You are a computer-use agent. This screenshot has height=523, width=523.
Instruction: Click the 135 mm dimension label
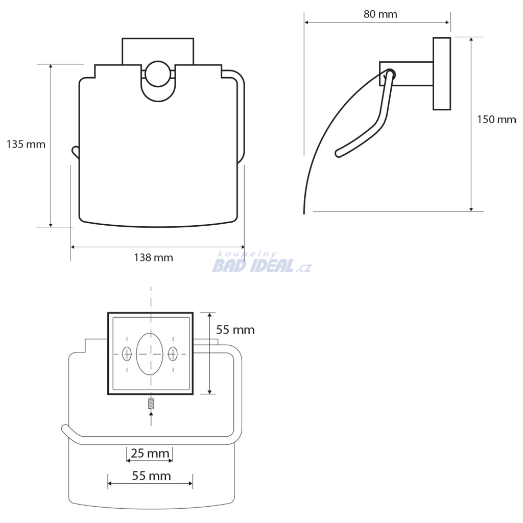pos(26,144)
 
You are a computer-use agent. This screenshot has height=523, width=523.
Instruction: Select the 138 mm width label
pos(153,257)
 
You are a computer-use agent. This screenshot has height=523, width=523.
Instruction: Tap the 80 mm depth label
pos(380,14)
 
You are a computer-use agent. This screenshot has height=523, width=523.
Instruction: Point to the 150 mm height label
pos(496,120)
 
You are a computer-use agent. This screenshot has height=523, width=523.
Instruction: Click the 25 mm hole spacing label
pos(150,454)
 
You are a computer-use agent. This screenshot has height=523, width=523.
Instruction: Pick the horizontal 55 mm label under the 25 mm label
pos(151,476)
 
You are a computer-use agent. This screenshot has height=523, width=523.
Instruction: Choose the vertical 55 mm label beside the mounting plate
pos(235,330)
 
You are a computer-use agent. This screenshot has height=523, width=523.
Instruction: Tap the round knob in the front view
pos(158,74)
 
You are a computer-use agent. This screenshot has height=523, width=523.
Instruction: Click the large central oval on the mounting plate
pos(150,354)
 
